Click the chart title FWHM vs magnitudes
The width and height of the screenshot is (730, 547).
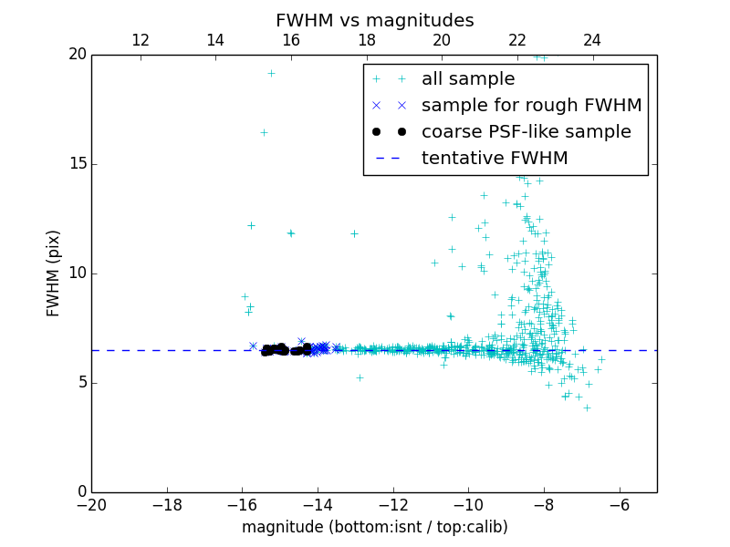(x=374, y=20)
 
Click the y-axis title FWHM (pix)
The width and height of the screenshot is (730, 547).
(x=54, y=273)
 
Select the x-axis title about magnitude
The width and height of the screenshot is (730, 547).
(x=374, y=527)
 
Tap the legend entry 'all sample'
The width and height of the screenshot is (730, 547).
(x=468, y=79)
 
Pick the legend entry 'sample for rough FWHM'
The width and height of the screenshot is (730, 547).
(x=531, y=106)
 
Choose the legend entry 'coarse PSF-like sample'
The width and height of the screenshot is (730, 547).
(x=526, y=132)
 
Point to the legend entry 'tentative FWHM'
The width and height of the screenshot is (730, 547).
(x=495, y=159)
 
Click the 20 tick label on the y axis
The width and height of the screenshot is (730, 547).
(x=77, y=55)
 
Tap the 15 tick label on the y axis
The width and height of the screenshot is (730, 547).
(x=77, y=164)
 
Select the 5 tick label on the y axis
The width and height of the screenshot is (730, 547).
(x=80, y=383)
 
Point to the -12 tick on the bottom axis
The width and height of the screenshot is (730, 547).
(x=393, y=504)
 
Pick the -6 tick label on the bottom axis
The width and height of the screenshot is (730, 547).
(x=620, y=504)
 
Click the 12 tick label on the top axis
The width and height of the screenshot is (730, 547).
(x=141, y=40)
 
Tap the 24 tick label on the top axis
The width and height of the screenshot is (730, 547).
(x=592, y=40)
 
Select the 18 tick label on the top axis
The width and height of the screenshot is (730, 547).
(x=366, y=40)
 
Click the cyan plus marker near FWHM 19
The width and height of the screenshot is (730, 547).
(x=271, y=73)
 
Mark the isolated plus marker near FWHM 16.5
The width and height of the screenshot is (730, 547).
(x=264, y=132)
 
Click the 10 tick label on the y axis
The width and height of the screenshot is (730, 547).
(x=77, y=273)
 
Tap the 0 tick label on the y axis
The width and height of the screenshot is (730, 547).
(x=80, y=492)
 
